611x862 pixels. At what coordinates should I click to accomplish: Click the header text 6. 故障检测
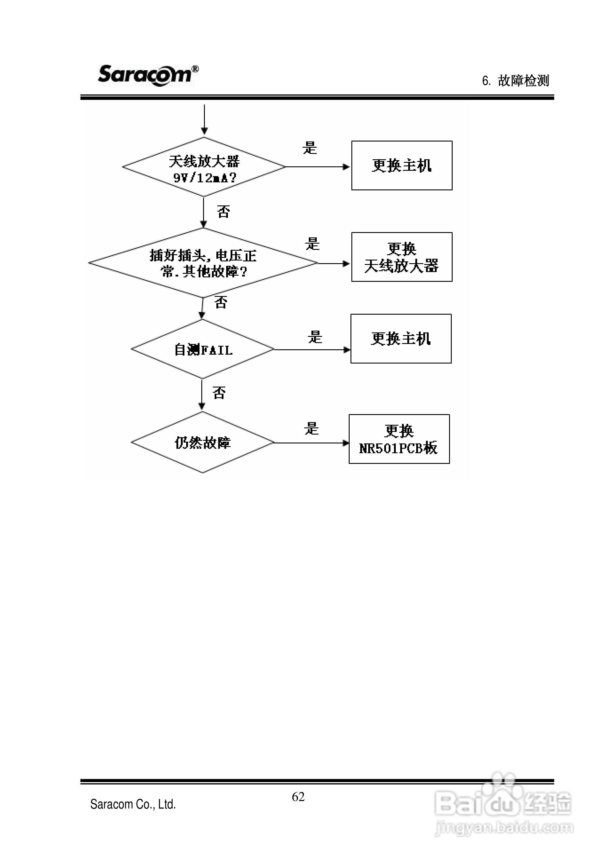[x=515, y=81]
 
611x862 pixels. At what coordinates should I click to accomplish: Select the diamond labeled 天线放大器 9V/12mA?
[x=204, y=167]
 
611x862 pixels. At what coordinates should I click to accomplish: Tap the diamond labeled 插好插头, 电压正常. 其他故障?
[x=203, y=263]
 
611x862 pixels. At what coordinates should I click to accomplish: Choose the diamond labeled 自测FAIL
[x=203, y=349]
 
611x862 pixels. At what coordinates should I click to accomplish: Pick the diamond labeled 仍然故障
[x=203, y=443]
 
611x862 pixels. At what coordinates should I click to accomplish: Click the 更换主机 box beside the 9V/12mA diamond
[x=401, y=165]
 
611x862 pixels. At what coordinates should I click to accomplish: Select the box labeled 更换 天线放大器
[x=401, y=257]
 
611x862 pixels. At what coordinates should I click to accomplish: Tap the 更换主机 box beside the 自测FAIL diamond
[x=401, y=339]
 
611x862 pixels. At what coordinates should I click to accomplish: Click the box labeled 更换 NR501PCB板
[x=399, y=439]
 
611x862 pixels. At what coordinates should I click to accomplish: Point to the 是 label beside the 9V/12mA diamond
[x=310, y=148]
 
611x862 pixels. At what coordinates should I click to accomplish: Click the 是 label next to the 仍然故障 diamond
[x=311, y=429]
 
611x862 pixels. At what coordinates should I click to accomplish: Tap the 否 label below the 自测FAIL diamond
[x=219, y=393]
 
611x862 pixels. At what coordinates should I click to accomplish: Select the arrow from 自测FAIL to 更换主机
[x=312, y=350]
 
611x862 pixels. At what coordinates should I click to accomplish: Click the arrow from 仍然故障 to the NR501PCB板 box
[x=311, y=443]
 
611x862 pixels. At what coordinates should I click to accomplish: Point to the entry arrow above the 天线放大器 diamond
[x=204, y=119]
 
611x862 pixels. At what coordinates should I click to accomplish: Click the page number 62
[x=298, y=797]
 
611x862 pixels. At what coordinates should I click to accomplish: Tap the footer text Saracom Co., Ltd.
[x=133, y=804]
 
